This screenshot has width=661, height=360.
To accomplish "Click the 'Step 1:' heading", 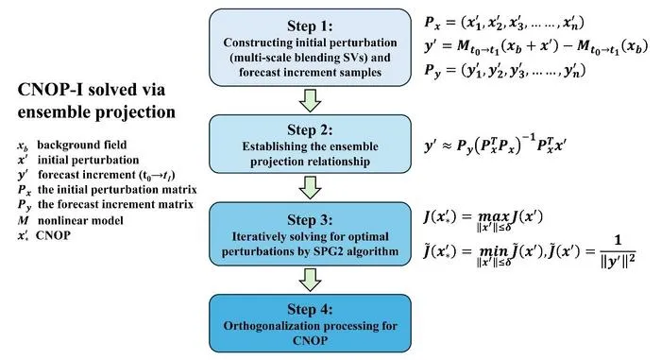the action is (310, 26).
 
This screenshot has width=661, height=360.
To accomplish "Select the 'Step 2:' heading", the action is (310, 130).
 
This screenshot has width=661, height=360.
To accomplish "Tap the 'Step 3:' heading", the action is (310, 220).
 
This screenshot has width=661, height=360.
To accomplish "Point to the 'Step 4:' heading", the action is (310, 309).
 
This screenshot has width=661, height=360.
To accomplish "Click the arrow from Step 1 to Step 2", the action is (311, 100).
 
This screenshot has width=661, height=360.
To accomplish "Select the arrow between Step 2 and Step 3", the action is (311, 187).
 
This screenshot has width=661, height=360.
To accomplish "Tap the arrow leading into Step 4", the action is (311, 280).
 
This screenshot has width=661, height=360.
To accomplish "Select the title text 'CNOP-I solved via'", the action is (92, 90).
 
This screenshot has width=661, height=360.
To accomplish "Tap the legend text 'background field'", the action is (82, 146).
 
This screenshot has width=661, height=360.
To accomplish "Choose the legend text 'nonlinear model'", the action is (80, 221).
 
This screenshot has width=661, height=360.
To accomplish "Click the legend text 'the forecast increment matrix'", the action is (115, 205).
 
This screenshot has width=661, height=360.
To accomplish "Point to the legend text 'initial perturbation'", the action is (88, 161).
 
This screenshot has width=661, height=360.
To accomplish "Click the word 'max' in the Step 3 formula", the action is (494, 217).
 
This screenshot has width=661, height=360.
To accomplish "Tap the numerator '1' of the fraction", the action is (618, 241).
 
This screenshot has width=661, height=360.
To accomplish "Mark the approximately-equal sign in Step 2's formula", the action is (449, 146).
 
